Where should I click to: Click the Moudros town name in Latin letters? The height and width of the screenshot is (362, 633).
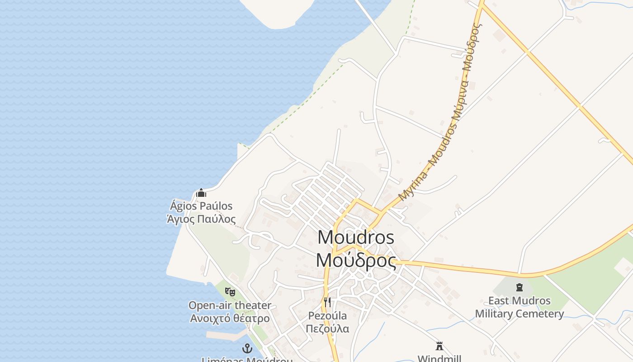[x=356, y=238]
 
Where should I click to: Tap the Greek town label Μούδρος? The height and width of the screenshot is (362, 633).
[x=356, y=261]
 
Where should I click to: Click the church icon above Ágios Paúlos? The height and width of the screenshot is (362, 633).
[x=201, y=193]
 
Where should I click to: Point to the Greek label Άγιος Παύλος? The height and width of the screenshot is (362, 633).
[x=201, y=219]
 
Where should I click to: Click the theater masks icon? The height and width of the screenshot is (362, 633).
[x=230, y=292]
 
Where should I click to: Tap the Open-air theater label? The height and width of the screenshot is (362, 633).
[x=230, y=305]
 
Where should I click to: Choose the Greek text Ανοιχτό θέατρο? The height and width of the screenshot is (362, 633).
[x=230, y=318]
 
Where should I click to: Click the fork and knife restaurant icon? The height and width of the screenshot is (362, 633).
[x=327, y=302]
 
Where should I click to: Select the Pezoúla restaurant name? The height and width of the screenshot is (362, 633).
[x=327, y=315]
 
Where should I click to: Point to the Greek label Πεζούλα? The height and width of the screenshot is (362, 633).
[x=327, y=329]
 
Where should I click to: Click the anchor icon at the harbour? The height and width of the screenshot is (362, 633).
[x=247, y=348]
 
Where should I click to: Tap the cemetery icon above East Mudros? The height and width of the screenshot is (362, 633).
[x=519, y=287]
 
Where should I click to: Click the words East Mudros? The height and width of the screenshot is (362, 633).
[x=519, y=300]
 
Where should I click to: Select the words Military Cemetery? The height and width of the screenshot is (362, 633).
[x=519, y=314]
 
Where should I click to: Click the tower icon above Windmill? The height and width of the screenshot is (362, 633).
[x=439, y=346]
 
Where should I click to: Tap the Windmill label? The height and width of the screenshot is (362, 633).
[x=439, y=358]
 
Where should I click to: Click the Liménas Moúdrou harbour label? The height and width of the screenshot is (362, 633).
[x=247, y=360]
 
